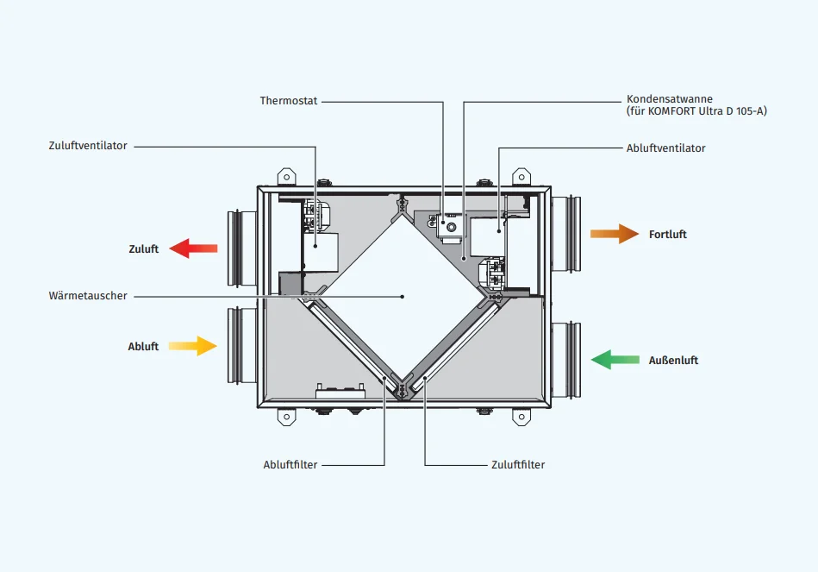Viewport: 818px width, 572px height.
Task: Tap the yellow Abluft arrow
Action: click(192, 346)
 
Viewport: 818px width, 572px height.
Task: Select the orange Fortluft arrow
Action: click(615, 234)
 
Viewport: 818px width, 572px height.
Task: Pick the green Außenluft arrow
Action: click(614, 360)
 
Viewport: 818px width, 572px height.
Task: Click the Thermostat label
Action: click(289, 101)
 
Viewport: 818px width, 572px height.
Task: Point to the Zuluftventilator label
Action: click(88, 146)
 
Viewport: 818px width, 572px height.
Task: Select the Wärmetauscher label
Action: click(88, 296)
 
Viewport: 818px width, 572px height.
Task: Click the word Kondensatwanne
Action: click(670, 99)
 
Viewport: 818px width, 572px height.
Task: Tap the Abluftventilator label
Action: click(665, 148)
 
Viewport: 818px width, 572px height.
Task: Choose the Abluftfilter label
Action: click(290, 465)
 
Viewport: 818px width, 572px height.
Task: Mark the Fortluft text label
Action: click(668, 235)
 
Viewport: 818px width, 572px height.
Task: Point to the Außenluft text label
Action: click(673, 361)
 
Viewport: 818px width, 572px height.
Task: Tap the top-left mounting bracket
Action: click(286, 176)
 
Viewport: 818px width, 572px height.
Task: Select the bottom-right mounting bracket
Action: click(521, 417)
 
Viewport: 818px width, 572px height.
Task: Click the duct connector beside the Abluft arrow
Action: click(238, 345)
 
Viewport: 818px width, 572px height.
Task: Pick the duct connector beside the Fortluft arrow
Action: click(566, 234)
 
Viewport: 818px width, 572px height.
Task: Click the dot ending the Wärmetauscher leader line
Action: click(403, 296)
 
